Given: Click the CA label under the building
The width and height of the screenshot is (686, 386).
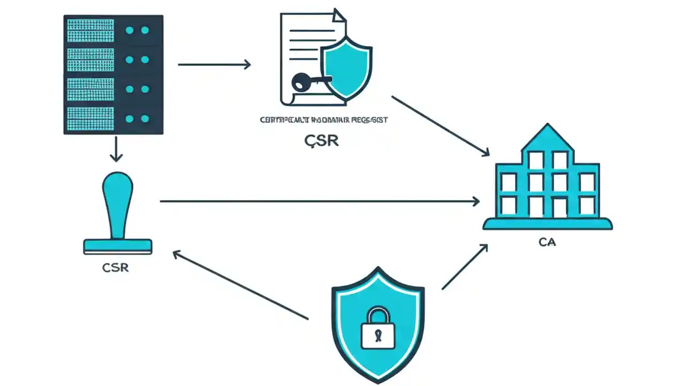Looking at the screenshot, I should (547, 242).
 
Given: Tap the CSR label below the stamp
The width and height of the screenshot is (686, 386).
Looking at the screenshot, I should (115, 267).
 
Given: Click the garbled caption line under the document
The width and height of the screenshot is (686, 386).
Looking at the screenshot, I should (323, 120).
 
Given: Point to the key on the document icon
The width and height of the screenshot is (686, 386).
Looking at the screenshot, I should (305, 82).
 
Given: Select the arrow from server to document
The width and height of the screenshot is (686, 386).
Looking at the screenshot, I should (214, 64).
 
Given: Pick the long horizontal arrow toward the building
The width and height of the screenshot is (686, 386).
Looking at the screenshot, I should (319, 202).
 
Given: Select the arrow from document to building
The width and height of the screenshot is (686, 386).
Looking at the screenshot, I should (441, 127).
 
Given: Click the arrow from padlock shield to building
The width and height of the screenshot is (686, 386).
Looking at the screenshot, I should (465, 266).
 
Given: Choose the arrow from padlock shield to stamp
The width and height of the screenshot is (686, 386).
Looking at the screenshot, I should (240, 285).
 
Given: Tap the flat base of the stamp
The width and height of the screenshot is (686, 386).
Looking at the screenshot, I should (118, 247).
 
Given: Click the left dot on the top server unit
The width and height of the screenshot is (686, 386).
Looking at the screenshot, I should (129, 31).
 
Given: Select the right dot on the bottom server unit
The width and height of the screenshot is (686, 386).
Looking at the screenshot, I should (145, 118).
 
